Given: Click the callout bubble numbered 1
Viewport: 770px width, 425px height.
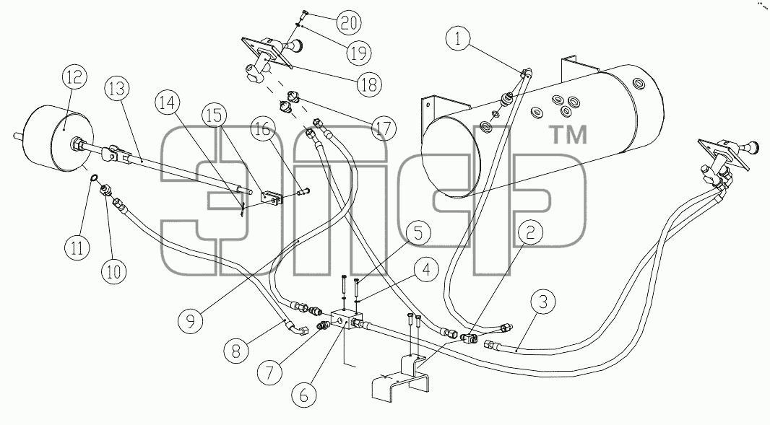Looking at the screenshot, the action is point(458,39).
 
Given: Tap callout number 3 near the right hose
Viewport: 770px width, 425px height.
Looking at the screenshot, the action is point(542,302).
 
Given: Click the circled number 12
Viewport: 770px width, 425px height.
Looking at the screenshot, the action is point(74,77).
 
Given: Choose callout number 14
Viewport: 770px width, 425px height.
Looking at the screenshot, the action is point(168,104).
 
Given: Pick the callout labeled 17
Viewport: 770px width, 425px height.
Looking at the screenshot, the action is point(384,129).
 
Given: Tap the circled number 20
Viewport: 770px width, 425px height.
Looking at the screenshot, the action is point(349,23).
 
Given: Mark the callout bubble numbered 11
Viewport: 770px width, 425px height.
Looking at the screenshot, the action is point(77,247).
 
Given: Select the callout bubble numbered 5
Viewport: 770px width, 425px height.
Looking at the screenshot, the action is point(418,232).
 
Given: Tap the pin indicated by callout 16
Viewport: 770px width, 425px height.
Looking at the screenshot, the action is point(302,190).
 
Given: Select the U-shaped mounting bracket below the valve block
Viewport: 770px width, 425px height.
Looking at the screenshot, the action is point(400,375).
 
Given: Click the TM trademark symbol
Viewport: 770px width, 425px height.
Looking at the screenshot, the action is point(568,135).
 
